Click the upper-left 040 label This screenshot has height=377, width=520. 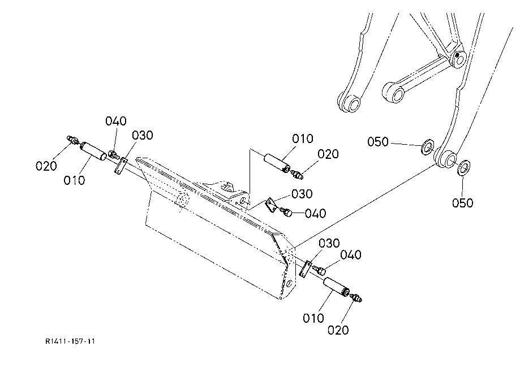[116, 121]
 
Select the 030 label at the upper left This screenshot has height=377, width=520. [143, 135]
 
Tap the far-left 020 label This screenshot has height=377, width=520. [46, 166]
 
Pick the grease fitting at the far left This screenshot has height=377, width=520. [72, 139]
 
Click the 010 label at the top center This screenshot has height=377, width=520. [303, 138]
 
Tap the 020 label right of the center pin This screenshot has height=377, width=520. [328, 154]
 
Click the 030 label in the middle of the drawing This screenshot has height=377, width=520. [302, 194]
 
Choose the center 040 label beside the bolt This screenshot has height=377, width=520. [315, 214]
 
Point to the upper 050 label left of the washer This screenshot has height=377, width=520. [378, 141]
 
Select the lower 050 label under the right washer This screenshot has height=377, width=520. [462, 203]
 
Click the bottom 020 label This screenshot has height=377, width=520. [338, 330]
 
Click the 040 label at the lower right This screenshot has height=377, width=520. [350, 255]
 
